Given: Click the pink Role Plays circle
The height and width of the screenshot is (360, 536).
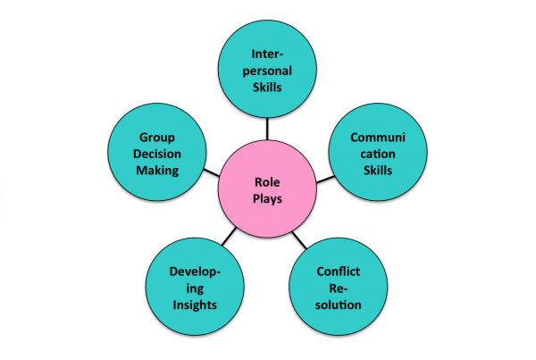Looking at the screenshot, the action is point(267,188).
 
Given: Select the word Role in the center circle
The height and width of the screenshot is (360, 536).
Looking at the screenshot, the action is point(267,182).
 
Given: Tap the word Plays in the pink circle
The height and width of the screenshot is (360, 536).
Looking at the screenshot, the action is point(267,198).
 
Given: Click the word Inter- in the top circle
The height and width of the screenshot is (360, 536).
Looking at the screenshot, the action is point(267,54).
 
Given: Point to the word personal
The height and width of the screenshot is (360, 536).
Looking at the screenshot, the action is point(267,71).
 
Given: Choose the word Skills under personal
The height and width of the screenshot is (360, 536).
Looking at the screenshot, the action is point(267,88).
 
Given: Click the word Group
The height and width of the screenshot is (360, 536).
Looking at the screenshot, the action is point(157,138).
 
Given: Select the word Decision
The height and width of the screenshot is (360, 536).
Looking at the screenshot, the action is point(157,154).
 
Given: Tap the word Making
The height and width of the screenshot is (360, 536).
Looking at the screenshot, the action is point(157,171).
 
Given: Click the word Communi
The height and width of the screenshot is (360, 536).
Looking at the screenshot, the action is point(378,138).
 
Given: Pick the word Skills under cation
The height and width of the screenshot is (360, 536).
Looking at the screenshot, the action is point(378,171).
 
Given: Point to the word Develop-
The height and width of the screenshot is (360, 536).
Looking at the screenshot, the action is point(195,272).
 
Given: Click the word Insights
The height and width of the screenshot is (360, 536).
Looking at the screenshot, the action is point(195,305).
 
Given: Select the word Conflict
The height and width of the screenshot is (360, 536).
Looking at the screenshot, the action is point(338,272).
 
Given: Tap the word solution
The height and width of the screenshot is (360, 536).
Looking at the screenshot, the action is point(338,305).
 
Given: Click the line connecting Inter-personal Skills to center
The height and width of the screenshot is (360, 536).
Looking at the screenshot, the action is point(267,129).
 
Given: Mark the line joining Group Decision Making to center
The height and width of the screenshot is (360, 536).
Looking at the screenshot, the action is point(211,172).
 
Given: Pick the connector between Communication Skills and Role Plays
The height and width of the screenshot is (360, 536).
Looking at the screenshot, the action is point(325,180).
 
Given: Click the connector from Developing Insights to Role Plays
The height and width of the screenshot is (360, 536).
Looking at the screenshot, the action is point(229,236).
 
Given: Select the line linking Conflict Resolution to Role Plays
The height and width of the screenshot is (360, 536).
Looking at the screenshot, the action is point(299,240).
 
